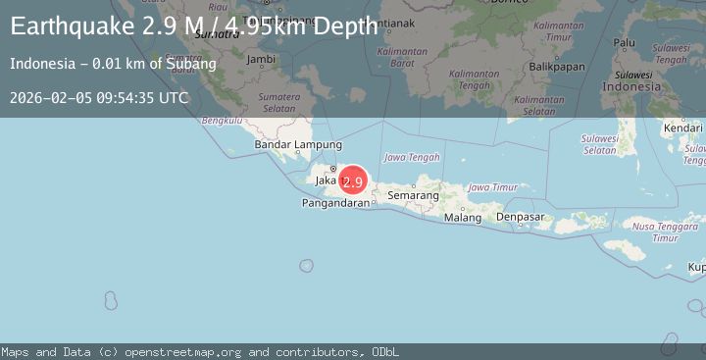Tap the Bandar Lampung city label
[x=290, y=145]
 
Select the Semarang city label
[x=413, y=196]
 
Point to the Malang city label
[x=463, y=218]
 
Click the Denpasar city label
[x=521, y=217]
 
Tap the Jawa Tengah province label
[x=412, y=157]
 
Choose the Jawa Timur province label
[x=492, y=187]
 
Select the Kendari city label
[x=682, y=128]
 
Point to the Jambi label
[x=261, y=59]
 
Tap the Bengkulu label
[x=221, y=121]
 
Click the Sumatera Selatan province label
[x=278, y=103]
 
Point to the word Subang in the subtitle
[x=196, y=64]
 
